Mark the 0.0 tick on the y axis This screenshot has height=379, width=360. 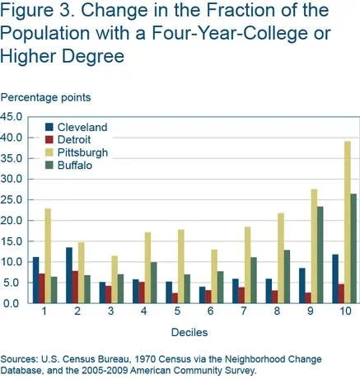(x=20, y=303)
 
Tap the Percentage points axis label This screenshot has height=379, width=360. (x=45, y=98)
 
